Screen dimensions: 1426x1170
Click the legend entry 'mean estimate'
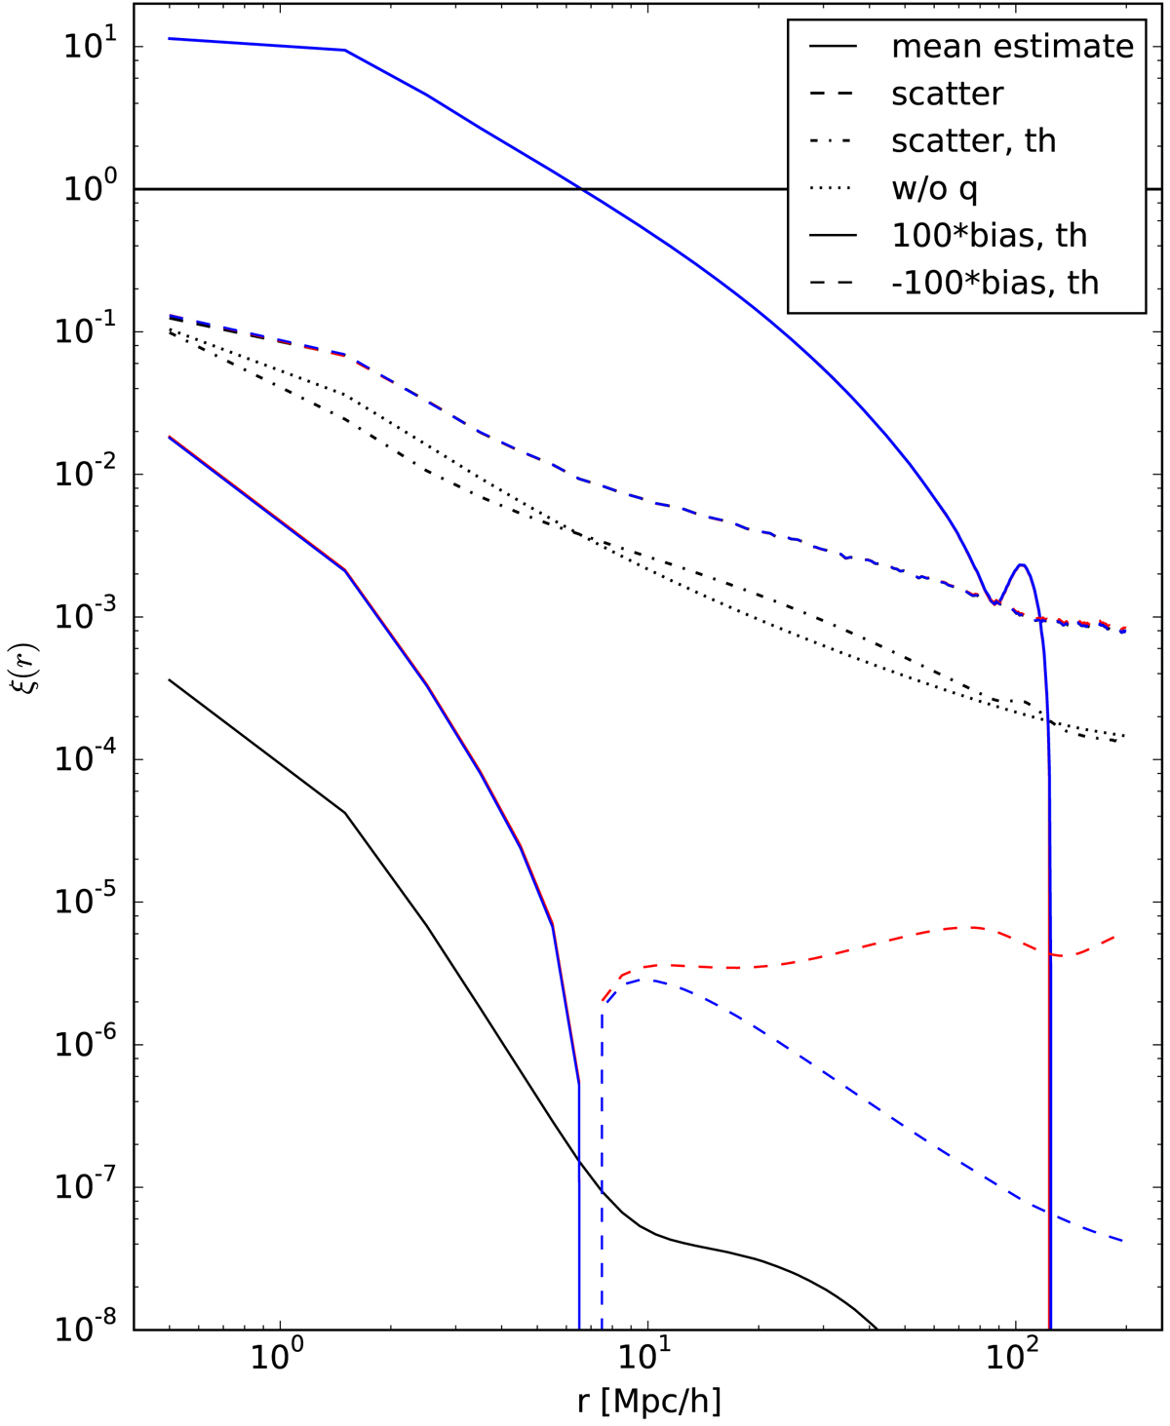click(x=1012, y=47)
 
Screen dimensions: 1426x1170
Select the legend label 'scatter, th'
click(x=973, y=141)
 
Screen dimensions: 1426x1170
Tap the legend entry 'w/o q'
click(x=934, y=188)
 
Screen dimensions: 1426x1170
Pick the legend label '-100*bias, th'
click(x=994, y=283)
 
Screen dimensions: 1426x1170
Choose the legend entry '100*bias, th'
click(x=989, y=236)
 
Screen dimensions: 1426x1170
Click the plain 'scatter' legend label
click(x=947, y=95)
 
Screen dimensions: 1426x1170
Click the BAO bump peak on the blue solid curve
click(x=1021, y=564)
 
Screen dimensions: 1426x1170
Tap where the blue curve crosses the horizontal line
click(x=581, y=189)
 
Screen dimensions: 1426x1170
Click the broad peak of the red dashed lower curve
click(x=970, y=927)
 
